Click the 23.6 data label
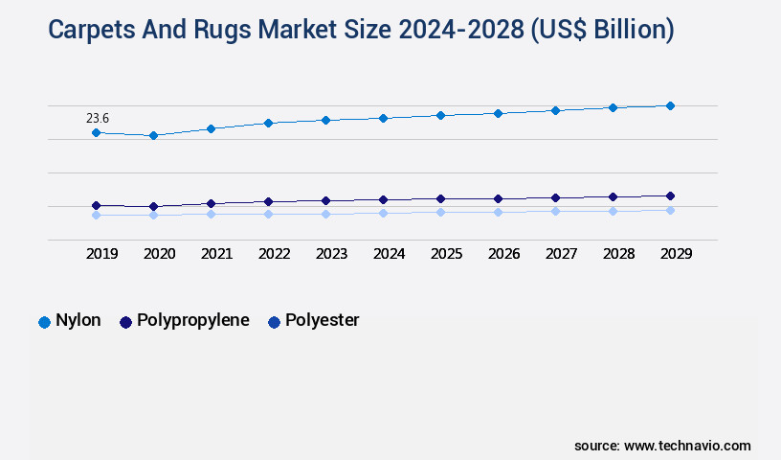[98, 118]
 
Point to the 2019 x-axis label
[101, 254]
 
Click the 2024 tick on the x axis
[389, 254]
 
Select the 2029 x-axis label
[676, 254]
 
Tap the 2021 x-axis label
[216, 254]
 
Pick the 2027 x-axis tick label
[561, 254]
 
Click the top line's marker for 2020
[153, 136]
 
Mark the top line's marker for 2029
[670, 105]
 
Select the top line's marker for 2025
[440, 115]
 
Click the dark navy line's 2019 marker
[96, 205]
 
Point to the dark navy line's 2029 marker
[670, 195]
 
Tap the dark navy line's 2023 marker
[325, 200]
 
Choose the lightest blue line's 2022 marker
[268, 214]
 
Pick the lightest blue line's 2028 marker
[613, 211]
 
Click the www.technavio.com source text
[687, 446]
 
